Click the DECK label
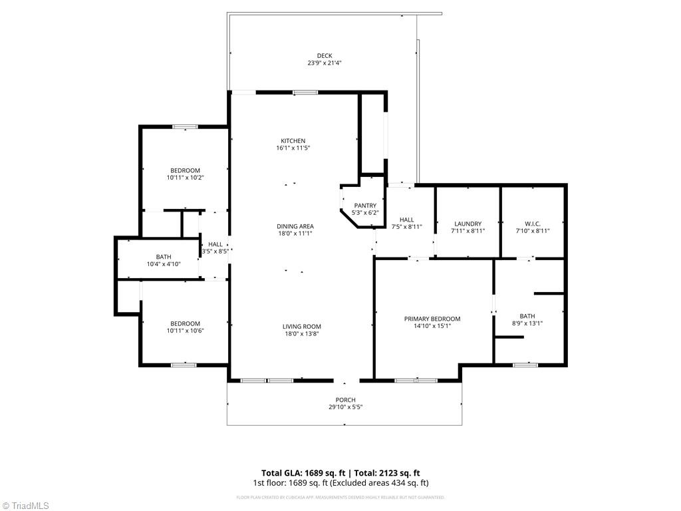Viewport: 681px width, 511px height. pyautogui.click(x=325, y=56)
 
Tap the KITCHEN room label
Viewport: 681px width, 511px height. pyautogui.click(x=293, y=140)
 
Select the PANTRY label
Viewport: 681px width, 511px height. pyautogui.click(x=365, y=206)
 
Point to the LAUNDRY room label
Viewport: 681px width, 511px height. pyautogui.click(x=468, y=224)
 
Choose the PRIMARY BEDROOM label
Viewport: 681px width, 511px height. pyautogui.click(x=432, y=319)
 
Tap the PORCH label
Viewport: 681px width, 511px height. pyautogui.click(x=344, y=400)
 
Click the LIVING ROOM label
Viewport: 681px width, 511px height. pyautogui.click(x=302, y=327)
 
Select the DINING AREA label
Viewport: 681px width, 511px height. pyautogui.click(x=295, y=226)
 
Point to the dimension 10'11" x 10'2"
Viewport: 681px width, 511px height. pyautogui.click(x=185, y=178)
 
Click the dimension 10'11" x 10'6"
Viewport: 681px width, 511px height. pyautogui.click(x=185, y=331)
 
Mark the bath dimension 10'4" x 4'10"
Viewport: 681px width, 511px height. pyautogui.click(x=164, y=264)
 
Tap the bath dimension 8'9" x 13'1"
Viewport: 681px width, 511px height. pyautogui.click(x=527, y=324)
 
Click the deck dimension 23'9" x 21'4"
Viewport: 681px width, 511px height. pyautogui.click(x=325, y=63)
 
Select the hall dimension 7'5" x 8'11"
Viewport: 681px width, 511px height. pyautogui.click(x=407, y=227)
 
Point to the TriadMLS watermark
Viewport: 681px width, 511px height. pyautogui.click(x=27, y=506)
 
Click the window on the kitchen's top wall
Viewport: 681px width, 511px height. pyautogui.click(x=305, y=92)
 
